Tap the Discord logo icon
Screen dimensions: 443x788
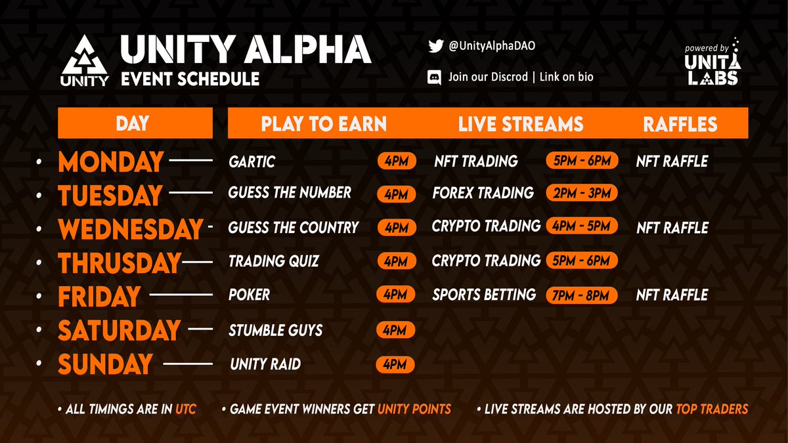pos(434,77)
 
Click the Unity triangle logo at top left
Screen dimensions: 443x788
pos(85,60)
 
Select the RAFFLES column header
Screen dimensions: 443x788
pos(680,124)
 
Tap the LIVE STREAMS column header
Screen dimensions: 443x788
pos(521,124)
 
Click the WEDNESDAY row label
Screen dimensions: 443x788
pos(129,229)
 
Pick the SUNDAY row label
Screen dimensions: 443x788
pos(105,364)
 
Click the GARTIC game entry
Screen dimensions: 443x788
pos(252,161)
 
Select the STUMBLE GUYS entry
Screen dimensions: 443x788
pos(275,329)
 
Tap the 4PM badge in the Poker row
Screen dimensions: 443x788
pos(396,295)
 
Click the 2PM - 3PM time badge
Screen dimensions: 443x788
pos(581,193)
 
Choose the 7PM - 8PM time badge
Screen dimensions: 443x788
pos(581,295)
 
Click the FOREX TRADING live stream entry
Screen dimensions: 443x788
pos(483,193)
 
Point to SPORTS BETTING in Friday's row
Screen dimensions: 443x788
pos(484,295)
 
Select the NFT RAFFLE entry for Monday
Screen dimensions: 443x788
pos(672,161)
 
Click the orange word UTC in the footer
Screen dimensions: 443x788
pos(185,410)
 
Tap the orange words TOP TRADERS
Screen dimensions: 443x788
pos(712,410)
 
